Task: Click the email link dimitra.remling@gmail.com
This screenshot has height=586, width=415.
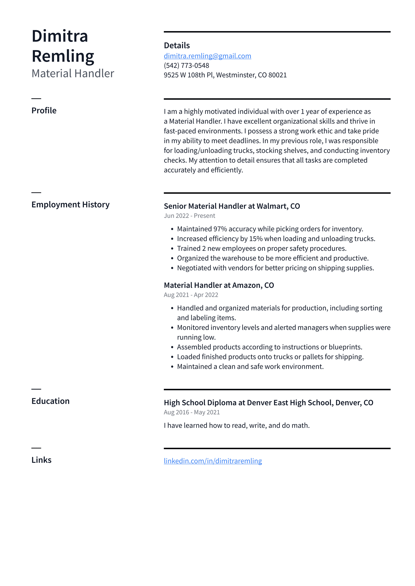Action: click(207, 56)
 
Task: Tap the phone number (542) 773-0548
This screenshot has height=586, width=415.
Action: click(186, 66)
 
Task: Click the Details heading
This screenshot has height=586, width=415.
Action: click(177, 45)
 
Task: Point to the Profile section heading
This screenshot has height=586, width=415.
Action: click(44, 111)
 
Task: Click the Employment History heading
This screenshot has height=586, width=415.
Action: click(70, 204)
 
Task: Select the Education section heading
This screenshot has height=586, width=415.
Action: click(50, 401)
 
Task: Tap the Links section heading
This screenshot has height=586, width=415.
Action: click(41, 460)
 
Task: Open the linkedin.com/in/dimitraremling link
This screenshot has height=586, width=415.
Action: click(213, 461)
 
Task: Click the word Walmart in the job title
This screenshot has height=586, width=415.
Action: click(272, 206)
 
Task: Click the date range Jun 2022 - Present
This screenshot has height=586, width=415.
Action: click(189, 216)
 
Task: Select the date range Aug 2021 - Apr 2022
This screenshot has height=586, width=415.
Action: click(191, 295)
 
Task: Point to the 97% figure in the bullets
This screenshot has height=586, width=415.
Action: click(220, 229)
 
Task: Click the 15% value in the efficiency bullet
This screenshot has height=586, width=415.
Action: click(256, 239)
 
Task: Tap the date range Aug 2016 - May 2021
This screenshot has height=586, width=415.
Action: click(192, 412)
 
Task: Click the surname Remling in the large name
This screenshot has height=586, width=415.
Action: click(63, 56)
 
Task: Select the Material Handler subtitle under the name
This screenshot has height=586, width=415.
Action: click(73, 73)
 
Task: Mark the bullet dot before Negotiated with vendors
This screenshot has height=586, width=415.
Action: click(172, 268)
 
